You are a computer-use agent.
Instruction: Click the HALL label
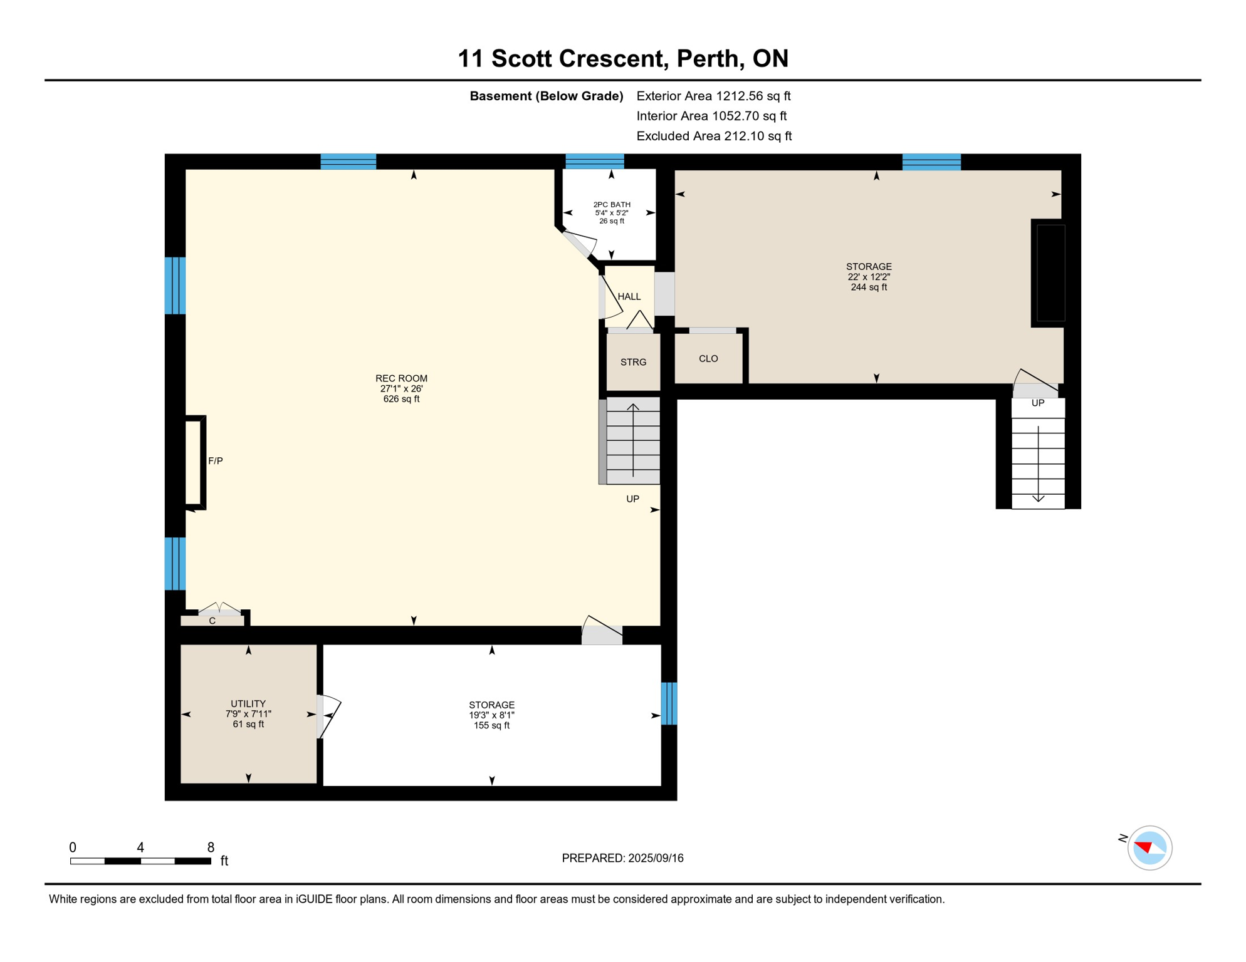pyautogui.click(x=629, y=297)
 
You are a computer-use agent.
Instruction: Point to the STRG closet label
pyautogui.click(x=633, y=363)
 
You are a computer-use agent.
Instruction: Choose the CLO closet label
pyautogui.click(x=708, y=359)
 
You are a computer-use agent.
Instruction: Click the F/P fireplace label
pyautogui.click(x=215, y=461)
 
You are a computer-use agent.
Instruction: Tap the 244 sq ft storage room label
pyautogui.click(x=869, y=277)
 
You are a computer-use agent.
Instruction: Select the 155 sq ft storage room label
pyautogui.click(x=491, y=715)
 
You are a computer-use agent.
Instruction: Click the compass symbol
pyautogui.click(x=1149, y=848)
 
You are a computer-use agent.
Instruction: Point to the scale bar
pyautogui.click(x=140, y=861)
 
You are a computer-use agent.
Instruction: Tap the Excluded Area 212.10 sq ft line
pyautogui.click(x=714, y=136)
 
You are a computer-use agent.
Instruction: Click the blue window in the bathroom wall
pyautogui.click(x=594, y=162)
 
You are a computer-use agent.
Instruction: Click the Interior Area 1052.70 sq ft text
pyautogui.click(x=711, y=116)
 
